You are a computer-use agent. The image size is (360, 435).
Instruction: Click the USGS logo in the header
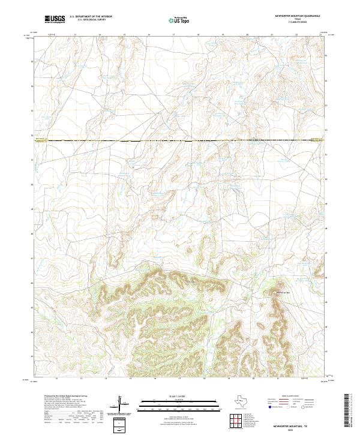tap(55, 20)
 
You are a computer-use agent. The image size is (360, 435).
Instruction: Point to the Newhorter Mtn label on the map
tap(282, 293)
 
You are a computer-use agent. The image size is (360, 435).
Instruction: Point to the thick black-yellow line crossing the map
tap(180, 141)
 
